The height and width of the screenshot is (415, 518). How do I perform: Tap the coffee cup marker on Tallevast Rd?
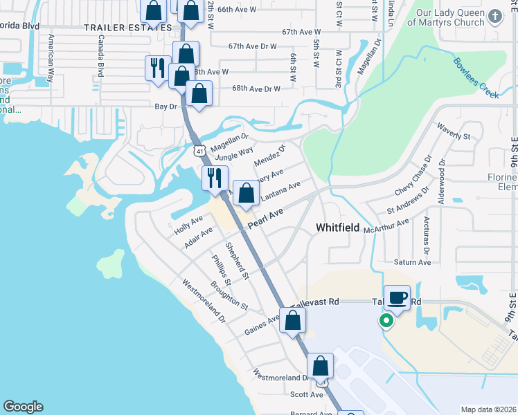point(397,298)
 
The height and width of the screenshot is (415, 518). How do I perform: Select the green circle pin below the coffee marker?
point(386,321)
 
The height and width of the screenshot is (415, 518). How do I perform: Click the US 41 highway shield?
point(199,150)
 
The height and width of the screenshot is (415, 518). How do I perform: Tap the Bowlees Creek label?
point(476,77)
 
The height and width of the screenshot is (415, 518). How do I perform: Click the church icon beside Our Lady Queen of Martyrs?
point(494,16)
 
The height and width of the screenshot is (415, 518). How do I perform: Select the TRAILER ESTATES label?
point(127,28)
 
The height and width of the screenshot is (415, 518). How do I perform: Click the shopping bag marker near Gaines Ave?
point(293,320)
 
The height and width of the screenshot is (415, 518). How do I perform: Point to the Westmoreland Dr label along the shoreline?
point(204,302)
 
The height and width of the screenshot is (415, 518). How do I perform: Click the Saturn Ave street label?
point(413,262)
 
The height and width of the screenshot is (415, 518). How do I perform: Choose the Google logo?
point(23,407)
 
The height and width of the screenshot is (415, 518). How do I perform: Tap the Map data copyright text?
point(488,409)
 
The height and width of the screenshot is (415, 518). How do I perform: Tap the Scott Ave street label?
point(307,394)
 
